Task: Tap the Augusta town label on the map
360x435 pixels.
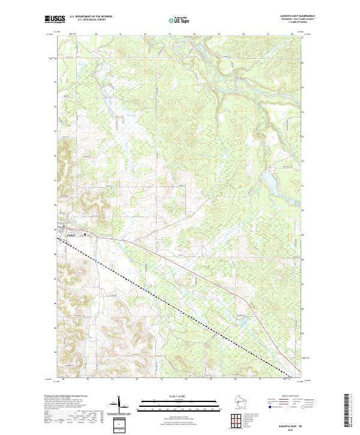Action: click(x=71, y=235)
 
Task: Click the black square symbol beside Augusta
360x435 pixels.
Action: click(x=85, y=234)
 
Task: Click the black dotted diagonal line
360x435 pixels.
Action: click(x=180, y=312)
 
